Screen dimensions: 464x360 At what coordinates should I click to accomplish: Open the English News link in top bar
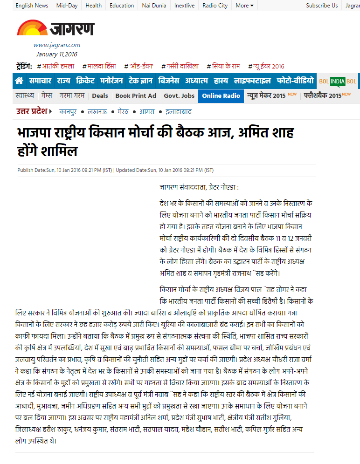pos(32,6)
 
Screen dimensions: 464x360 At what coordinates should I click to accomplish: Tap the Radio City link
pos(215,6)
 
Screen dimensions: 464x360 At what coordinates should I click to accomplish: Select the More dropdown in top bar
pos(244,6)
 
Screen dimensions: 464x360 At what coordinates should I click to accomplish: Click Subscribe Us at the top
pos(322,6)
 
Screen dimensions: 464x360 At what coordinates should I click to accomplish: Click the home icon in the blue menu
pos(19,81)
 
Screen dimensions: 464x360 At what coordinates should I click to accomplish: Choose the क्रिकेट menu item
pos(85,81)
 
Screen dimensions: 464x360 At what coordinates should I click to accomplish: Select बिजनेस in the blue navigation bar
pos(168,81)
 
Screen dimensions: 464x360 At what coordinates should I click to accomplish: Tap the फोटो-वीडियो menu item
pos(295,81)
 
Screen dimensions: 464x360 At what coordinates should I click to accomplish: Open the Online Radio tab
pos(222,96)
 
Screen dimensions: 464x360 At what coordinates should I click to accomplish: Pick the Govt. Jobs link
pos(179,96)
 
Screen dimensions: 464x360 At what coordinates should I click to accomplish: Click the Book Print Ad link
pos(136,96)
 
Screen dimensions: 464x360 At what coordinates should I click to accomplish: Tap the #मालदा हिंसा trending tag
pos(99,66)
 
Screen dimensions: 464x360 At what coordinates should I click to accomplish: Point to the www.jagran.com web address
pos(56,45)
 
